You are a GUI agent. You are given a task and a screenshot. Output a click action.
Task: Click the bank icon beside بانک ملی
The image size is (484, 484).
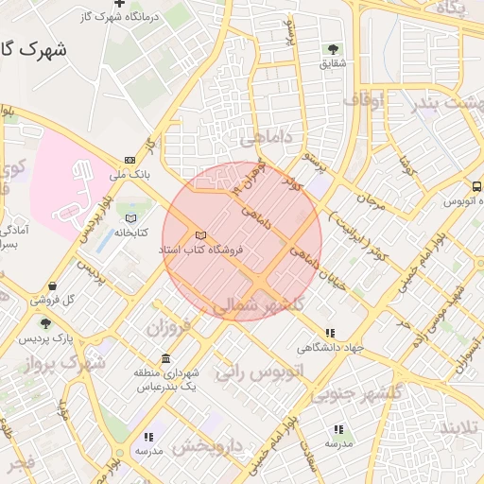tap(129, 160)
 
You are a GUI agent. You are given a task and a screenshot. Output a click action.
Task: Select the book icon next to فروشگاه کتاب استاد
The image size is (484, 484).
tap(199, 235)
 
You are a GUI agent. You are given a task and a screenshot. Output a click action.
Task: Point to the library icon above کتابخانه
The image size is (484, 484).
tap(130, 218)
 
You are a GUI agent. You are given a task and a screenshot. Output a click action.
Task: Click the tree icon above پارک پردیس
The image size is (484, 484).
tap(45, 323)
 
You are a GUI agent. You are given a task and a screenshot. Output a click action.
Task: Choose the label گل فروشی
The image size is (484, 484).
tap(51, 300)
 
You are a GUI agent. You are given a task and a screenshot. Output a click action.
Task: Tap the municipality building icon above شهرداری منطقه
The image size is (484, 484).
tap(166, 359)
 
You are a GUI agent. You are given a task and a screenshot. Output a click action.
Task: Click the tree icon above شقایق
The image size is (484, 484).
tap(332, 49)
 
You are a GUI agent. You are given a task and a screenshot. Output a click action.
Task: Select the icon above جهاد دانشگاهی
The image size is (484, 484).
tap(330, 333)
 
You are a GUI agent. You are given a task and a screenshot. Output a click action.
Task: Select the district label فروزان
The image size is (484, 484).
tap(168, 327)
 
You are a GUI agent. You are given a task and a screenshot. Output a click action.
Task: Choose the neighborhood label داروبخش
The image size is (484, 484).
tap(209, 444)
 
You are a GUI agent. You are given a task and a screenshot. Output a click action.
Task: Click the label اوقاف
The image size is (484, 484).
tap(364, 98)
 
